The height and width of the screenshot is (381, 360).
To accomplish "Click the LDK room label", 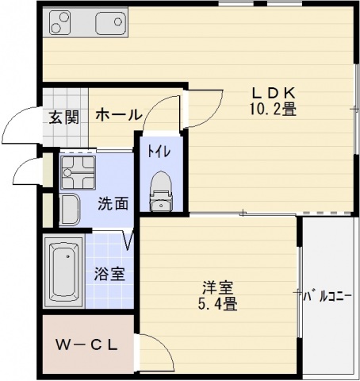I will point(274,93).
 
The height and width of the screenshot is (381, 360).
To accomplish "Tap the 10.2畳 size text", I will point(274,110).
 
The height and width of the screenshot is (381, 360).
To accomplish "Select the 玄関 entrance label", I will point(64,117).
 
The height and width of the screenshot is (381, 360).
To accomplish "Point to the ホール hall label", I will point(118,116).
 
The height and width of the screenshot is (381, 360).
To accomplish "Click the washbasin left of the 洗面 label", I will point(70,210).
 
